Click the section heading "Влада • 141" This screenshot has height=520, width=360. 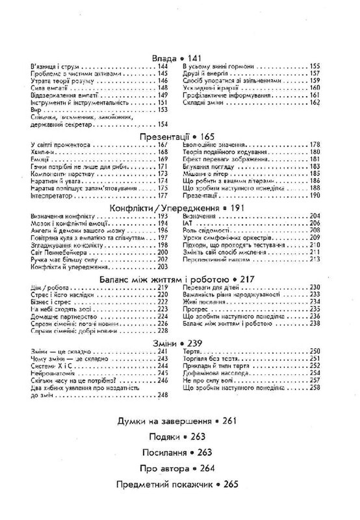180,58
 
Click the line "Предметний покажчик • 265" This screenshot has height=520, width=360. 179,484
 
